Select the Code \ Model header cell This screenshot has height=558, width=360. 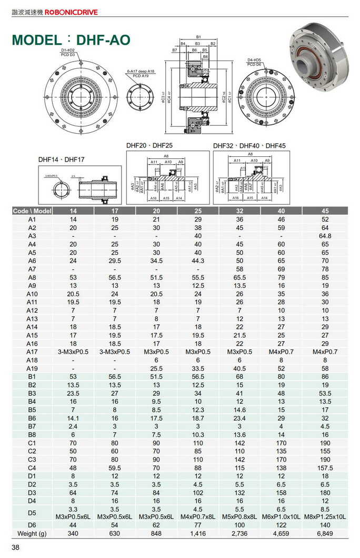32,211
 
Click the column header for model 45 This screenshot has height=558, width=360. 325,211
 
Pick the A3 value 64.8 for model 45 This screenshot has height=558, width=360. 325,236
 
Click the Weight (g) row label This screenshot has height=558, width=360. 32,533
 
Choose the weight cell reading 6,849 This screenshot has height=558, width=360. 325,533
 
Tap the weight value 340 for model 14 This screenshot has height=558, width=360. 73,533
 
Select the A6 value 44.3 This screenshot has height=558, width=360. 198,261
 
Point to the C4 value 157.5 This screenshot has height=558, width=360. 325,468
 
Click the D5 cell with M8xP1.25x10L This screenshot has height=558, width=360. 325,516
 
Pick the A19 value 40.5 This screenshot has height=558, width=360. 239,368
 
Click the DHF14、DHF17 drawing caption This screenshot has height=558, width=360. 62,159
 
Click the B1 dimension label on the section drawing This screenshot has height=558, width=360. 198,36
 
